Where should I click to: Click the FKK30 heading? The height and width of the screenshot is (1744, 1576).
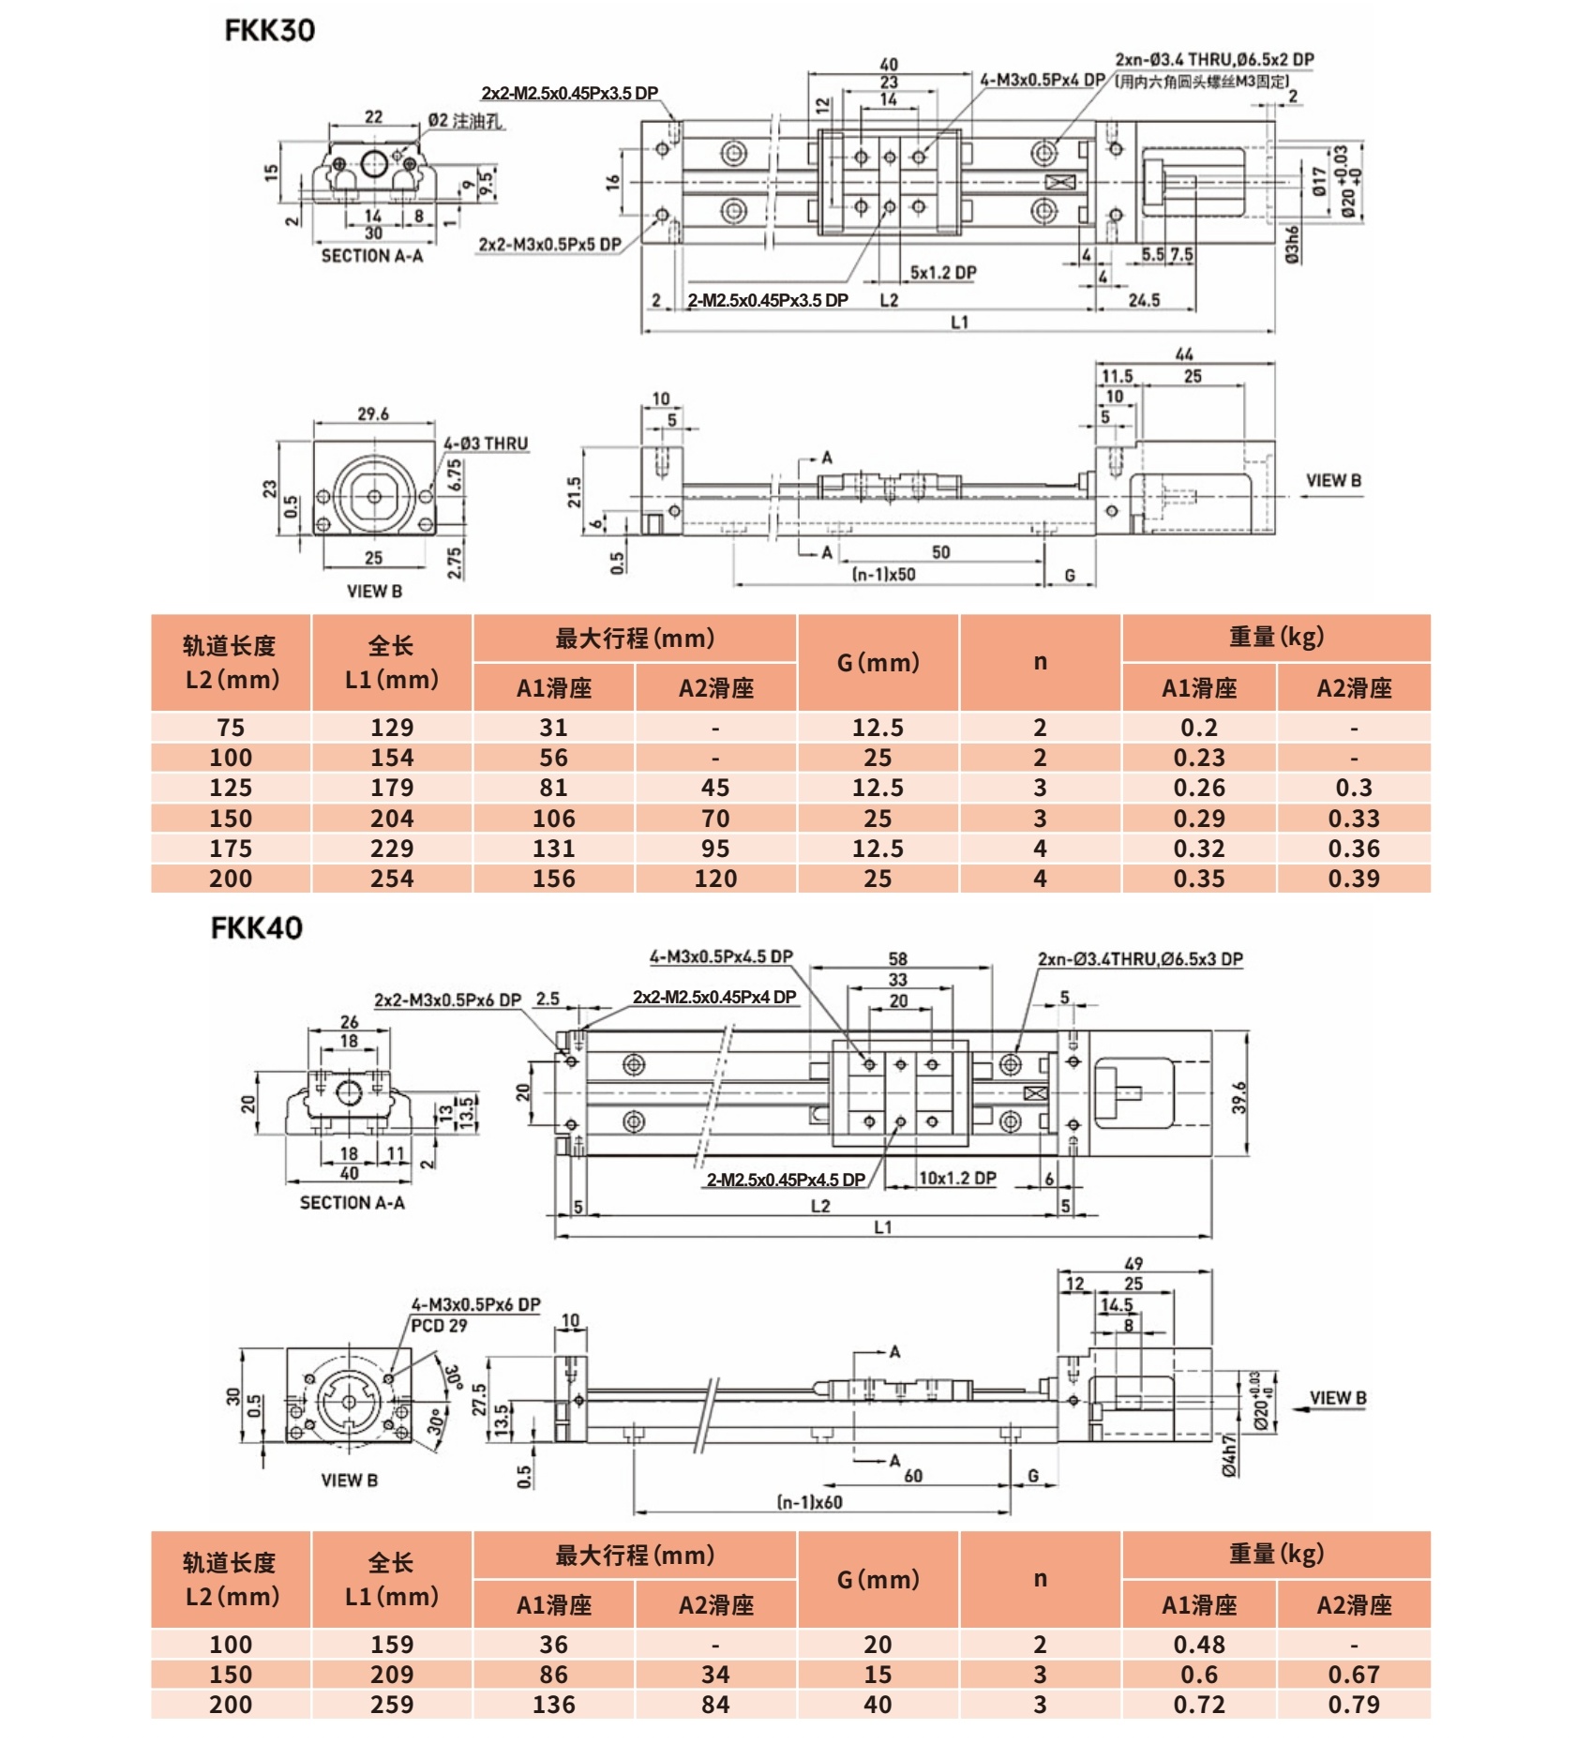coord(269,30)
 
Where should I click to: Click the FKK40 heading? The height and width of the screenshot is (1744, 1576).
coord(256,928)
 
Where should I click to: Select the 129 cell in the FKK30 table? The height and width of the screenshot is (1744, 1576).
coord(392,728)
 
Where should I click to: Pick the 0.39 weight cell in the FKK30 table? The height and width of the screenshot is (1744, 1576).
coord(1353,879)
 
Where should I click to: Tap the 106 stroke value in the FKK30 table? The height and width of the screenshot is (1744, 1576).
coord(553,819)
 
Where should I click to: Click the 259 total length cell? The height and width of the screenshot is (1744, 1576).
coord(392,1704)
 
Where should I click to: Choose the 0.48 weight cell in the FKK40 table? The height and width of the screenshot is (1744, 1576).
coord(1198,1644)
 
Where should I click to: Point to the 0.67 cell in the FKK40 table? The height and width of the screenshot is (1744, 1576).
coord(1353,1674)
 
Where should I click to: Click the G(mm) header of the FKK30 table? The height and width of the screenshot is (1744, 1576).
coord(878,662)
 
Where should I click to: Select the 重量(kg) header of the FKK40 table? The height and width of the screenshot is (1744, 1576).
coord(1275,1554)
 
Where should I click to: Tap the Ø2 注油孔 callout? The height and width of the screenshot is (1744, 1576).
coord(465,121)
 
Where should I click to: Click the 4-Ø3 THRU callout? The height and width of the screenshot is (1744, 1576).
coord(486,443)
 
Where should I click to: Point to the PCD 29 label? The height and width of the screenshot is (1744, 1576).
coord(439,1325)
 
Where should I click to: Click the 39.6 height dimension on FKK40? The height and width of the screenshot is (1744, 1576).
coord(1239,1097)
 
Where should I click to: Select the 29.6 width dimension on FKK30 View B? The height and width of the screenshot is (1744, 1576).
coord(372,413)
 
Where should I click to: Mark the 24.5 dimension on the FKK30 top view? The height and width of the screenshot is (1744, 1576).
coord(1144,300)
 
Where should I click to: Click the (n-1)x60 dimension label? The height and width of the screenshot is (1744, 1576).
coord(809,1501)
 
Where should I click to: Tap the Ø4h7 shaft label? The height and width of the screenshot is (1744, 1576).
coord(1229,1456)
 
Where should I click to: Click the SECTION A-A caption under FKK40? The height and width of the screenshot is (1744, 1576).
coord(352,1202)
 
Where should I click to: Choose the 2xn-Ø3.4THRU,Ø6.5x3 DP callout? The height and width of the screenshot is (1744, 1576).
coord(1140,958)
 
